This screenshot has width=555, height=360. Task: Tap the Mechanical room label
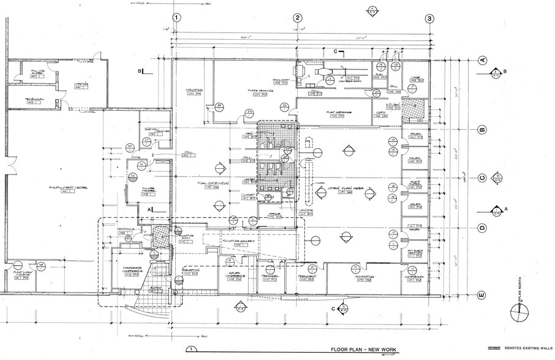pyautogui.click(x=34, y=99)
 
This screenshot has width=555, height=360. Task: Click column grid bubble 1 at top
pyautogui.click(x=176, y=18)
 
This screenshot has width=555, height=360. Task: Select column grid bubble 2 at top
pyautogui.click(x=298, y=18)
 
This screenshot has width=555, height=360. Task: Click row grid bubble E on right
pyautogui.click(x=481, y=295)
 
